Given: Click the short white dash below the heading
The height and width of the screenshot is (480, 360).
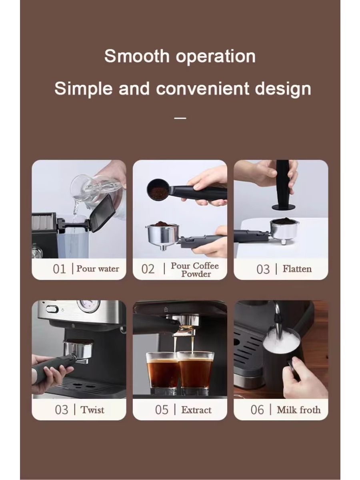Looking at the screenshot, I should click(x=180, y=118).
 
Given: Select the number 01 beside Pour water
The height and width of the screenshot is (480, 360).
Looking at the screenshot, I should click(x=59, y=269).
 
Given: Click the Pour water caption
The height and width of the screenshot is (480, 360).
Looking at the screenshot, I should click(x=98, y=269).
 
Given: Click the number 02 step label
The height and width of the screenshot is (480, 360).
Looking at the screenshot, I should click(x=148, y=269).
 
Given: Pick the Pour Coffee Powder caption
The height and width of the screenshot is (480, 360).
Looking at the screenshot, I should click(x=195, y=270).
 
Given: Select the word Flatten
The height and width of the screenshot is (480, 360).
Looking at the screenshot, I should click(x=297, y=269).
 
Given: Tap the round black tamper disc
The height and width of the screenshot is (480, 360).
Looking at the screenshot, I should click(x=284, y=207).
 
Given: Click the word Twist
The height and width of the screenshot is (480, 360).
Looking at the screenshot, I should click(x=92, y=410).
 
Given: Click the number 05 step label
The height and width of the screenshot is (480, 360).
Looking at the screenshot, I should click(x=162, y=410).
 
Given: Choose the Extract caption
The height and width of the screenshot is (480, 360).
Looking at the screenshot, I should click(x=196, y=410).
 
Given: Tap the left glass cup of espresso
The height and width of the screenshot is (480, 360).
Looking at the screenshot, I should click(x=162, y=370).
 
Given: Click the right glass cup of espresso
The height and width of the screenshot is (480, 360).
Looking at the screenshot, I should click(x=196, y=370).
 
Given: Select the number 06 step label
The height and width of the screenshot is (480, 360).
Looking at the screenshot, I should click(x=257, y=410).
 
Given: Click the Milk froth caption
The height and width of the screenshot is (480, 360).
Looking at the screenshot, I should click(x=298, y=410).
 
